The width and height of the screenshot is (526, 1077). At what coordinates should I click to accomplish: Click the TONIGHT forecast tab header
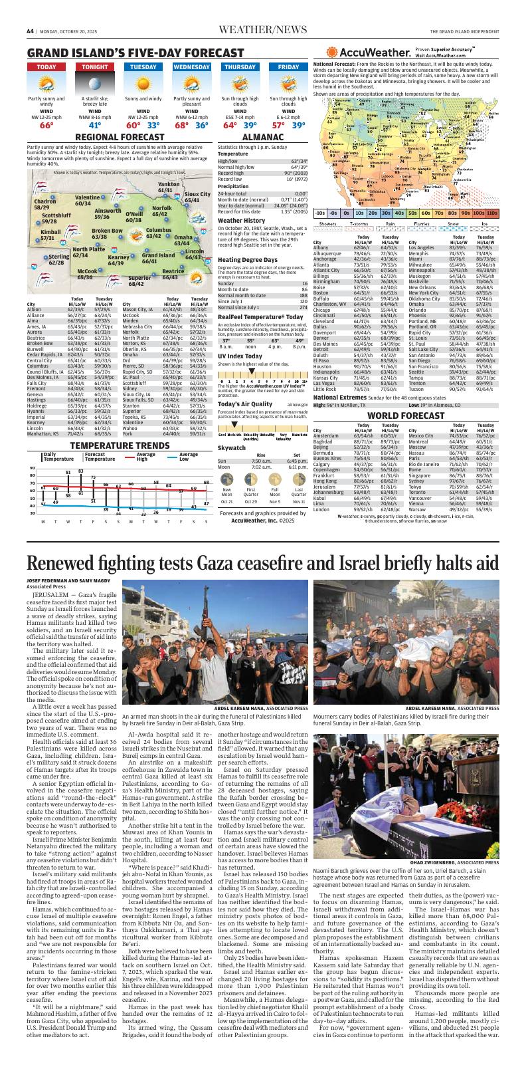point(94,67)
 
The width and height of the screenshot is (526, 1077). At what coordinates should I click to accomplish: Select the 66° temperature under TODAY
point(46,125)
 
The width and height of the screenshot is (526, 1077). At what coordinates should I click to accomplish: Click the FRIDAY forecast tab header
point(288,67)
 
